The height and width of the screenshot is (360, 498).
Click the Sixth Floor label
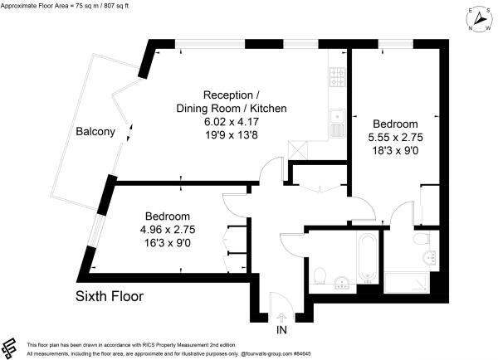pyautogui.click(x=110, y=295)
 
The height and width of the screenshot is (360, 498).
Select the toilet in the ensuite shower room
pyautogui.click(x=424, y=240)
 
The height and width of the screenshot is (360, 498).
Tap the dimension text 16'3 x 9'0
pyautogui.click(x=168, y=242)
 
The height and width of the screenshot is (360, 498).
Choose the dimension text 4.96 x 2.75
pyautogui.click(x=168, y=229)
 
